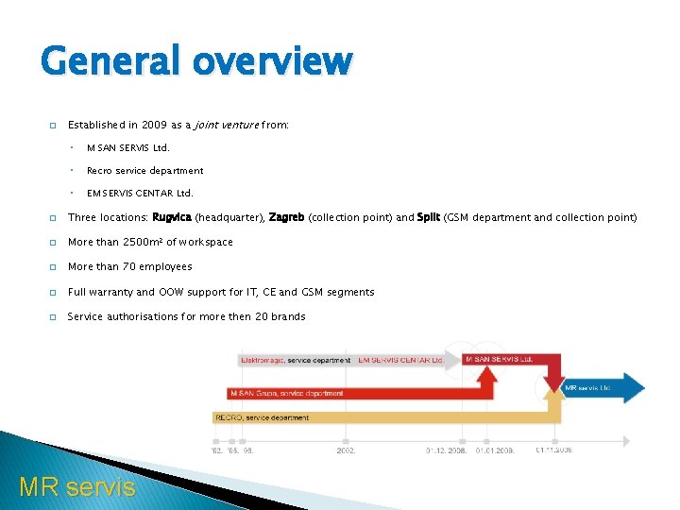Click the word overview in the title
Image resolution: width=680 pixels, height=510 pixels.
[272, 62]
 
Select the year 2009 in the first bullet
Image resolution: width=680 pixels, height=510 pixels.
[152, 125]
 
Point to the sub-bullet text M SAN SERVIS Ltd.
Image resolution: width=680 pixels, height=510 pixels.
[128, 147]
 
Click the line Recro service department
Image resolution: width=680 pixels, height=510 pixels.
[144, 171]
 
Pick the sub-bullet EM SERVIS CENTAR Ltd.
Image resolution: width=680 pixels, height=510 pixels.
[140, 194]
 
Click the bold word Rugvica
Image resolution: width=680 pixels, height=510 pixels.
[171, 217]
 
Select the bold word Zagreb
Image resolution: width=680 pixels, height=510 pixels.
[286, 217]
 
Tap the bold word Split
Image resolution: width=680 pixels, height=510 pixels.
[428, 217]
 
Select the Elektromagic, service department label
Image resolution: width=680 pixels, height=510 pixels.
[296, 360]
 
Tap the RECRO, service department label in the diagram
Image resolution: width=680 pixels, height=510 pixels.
[263, 416]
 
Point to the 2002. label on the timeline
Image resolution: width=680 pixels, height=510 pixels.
[347, 450]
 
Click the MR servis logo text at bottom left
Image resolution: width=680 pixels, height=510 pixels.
[77, 487]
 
